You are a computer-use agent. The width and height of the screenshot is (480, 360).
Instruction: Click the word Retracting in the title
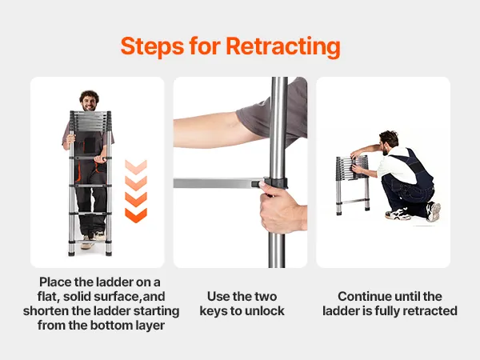(283, 46)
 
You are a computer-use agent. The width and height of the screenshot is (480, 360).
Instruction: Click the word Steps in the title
(152, 46)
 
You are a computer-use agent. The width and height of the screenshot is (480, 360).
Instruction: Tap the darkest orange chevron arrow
(136, 215)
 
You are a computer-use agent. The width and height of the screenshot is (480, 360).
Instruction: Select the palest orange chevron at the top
(136, 167)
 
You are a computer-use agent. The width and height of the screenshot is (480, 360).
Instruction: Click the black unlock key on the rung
(256, 184)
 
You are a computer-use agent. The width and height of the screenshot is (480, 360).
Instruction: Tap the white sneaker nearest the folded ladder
(398, 214)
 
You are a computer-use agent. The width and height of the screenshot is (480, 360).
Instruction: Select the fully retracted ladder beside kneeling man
(352, 184)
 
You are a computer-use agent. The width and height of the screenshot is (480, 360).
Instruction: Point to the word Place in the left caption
(54, 282)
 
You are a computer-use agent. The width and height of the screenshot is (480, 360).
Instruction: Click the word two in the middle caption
(266, 296)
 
